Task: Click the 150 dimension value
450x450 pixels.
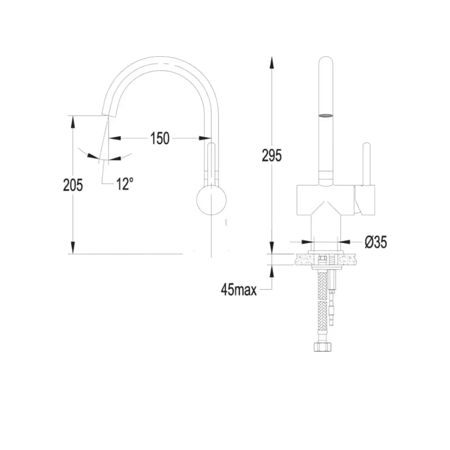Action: pos(160,138)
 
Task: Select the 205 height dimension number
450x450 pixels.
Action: pos(73,185)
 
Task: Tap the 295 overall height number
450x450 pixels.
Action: pos(272,156)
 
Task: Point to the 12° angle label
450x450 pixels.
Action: pos(125,184)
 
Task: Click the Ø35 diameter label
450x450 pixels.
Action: pos(376,242)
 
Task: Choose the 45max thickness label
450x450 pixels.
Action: pos(238,290)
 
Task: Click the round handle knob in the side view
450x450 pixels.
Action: pos(211,200)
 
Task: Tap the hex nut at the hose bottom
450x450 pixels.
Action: pos(323,346)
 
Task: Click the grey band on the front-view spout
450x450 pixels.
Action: pos(326,116)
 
